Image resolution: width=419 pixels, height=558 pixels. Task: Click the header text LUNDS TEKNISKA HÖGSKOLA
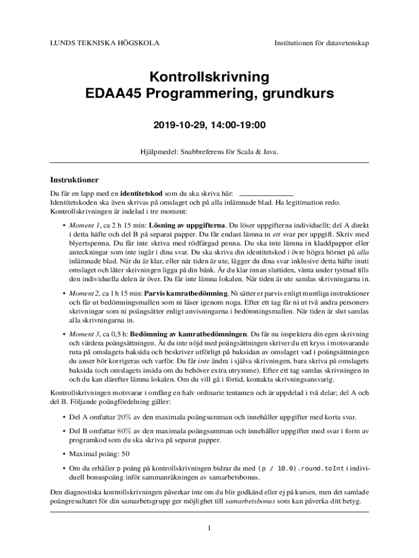pyautogui.click(x=100, y=43)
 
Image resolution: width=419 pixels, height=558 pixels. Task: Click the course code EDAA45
pyautogui.click(x=112, y=94)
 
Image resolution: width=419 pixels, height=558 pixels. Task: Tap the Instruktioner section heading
pyautogui.click(x=74, y=179)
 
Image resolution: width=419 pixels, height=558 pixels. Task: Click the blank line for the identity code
pyautogui.click(x=266, y=193)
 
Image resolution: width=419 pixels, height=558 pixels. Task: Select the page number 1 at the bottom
pyautogui.click(x=209, y=528)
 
